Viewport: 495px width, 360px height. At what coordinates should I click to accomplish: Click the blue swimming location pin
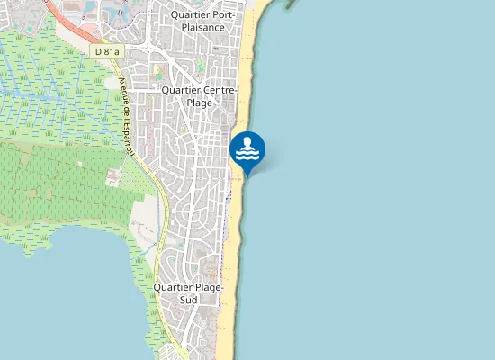tap(247, 149)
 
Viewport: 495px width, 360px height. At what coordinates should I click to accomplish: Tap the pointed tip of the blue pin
tap(247, 175)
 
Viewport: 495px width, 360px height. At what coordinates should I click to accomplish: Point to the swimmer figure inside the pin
tap(247, 143)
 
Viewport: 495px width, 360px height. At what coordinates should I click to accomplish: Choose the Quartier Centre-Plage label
tap(199, 95)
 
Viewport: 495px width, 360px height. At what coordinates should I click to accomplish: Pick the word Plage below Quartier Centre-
tap(199, 103)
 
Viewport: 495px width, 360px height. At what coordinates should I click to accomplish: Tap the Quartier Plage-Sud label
tap(188, 292)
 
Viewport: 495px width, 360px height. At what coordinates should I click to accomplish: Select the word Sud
tap(188, 299)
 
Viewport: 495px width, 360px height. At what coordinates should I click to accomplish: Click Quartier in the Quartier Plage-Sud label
tap(171, 287)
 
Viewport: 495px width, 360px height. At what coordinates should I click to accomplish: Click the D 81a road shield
tap(106, 52)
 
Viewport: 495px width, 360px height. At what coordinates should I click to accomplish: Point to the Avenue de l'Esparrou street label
tap(125, 117)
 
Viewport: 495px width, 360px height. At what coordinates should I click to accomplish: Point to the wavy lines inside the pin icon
tap(247, 155)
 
